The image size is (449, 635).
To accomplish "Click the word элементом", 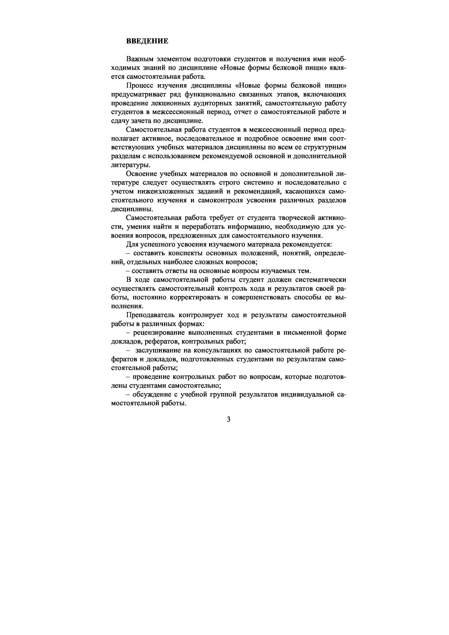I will pos(171,59).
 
